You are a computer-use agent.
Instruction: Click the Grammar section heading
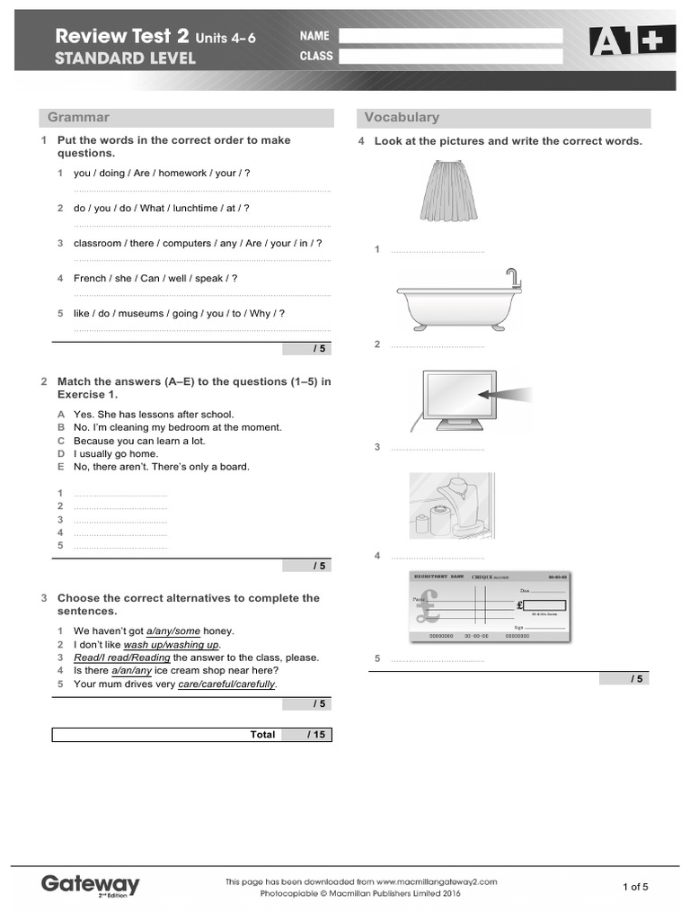click(79, 118)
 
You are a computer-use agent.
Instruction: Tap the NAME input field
click(450, 36)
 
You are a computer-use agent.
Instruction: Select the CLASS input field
click(450, 57)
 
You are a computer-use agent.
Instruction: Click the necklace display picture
click(448, 508)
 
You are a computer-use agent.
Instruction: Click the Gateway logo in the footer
click(91, 885)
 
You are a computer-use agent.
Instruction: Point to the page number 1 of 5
click(635, 887)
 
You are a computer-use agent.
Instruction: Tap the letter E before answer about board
click(61, 467)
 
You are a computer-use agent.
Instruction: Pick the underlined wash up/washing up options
click(171, 645)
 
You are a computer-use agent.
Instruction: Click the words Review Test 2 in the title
click(122, 37)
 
